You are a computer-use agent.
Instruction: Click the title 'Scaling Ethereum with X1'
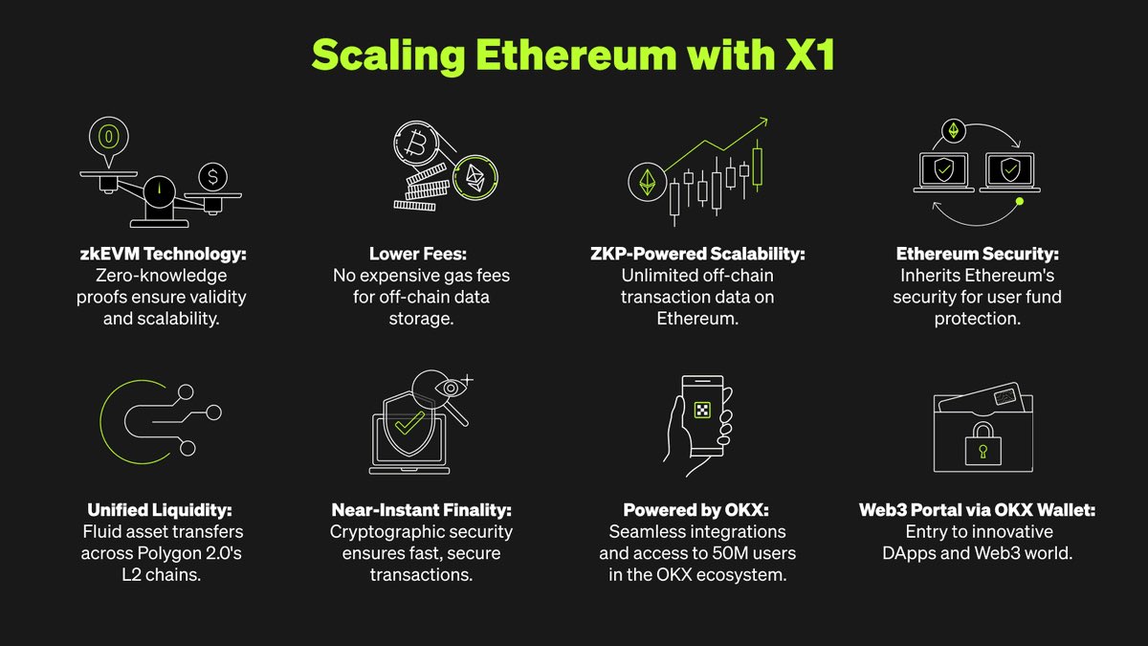coord(573,56)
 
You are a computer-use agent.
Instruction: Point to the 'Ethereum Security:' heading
coord(977,255)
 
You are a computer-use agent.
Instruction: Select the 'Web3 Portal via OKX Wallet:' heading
coord(977,510)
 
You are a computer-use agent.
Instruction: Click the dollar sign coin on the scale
coord(213,177)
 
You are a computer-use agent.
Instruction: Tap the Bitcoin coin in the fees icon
coord(416,147)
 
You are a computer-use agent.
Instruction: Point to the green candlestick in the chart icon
coord(759,165)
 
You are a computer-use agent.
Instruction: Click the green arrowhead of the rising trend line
coord(763,123)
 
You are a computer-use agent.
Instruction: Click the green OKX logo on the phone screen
coord(703,410)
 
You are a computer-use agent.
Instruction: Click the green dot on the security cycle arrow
coord(1020,202)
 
